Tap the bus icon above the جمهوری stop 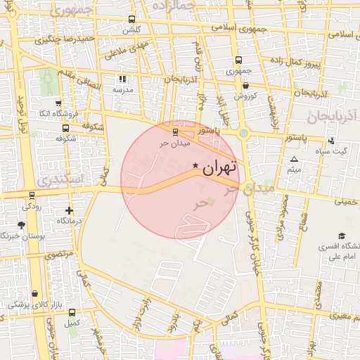(x=238, y=60)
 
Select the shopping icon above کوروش (x=245, y=85)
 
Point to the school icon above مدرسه (x=122, y=79)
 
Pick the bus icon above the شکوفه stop (x=65, y=128)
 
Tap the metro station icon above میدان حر (x=175, y=131)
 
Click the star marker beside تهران (x=195, y=165)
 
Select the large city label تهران (x=219, y=169)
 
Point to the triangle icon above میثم (x=294, y=159)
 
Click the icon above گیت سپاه (x=342, y=141)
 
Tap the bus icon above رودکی (x=32, y=195)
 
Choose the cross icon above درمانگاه (x=69, y=210)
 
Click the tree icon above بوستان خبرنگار (x=21, y=226)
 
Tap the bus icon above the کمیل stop (x=72, y=312)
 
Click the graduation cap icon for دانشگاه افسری (x=342, y=236)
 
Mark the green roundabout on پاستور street (x=243, y=132)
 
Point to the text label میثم (x=295, y=169)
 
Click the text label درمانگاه (x=69, y=221)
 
